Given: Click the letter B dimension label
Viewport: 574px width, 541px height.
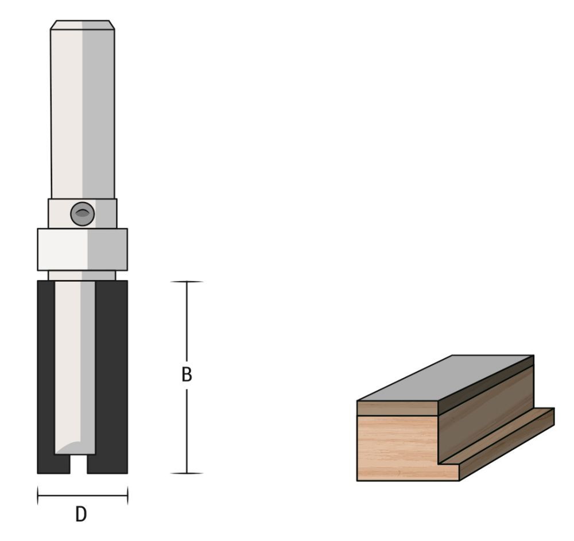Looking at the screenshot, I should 187,375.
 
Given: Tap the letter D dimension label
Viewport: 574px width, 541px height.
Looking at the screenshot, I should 82,514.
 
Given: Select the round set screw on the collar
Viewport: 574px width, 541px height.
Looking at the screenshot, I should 82,214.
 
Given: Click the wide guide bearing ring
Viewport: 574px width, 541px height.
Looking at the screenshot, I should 82,250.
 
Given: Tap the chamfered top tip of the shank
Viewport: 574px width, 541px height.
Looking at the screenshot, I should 82,25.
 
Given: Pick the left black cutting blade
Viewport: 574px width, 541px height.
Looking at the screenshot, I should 46,373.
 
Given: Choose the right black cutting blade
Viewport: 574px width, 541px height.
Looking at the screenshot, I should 112,373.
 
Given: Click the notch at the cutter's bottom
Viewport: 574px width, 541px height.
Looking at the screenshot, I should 79,465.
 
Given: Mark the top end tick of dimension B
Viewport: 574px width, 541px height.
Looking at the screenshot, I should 187,282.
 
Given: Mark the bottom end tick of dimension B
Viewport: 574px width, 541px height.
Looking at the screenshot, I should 187,473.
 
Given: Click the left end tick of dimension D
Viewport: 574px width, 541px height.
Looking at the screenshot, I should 38,495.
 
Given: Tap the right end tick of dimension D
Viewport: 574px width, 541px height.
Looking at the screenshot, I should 127,495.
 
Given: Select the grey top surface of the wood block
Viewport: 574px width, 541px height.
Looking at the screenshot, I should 445,379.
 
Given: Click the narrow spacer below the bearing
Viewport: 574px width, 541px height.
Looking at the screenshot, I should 82,275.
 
